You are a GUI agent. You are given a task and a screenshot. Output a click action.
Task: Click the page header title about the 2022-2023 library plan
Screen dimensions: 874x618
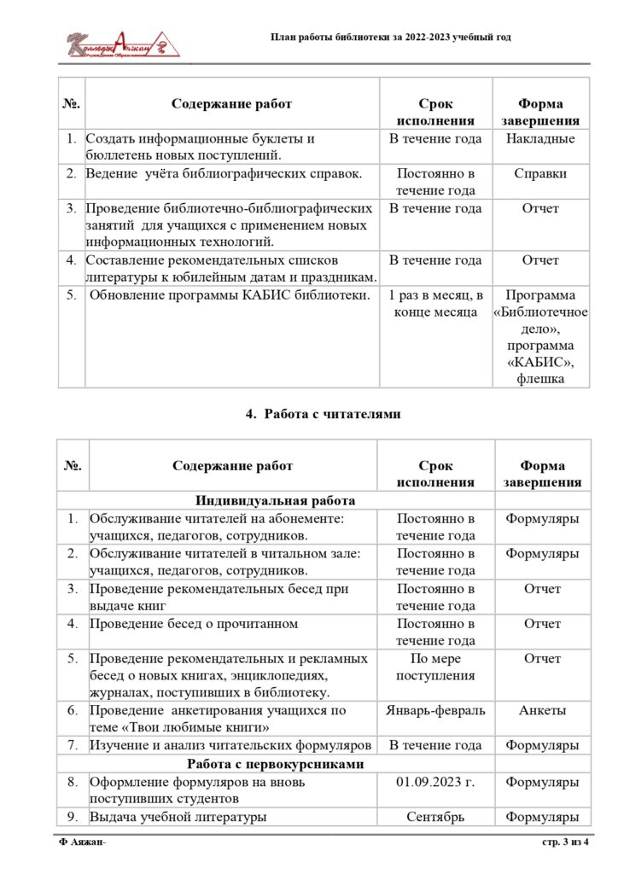click(391, 38)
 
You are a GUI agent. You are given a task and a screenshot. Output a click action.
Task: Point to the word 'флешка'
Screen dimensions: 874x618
click(540, 378)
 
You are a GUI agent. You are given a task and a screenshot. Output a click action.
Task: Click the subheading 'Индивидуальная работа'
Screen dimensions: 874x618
click(274, 501)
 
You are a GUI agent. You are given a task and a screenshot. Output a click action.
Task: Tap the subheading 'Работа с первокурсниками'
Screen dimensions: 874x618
click(276, 764)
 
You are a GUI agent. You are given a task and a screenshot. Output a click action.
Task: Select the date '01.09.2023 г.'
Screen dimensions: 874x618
click(435, 782)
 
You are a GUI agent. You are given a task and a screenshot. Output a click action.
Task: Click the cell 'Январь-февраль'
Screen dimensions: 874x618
click(435, 710)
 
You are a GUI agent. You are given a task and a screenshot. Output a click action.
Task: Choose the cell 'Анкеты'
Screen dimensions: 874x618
click(542, 710)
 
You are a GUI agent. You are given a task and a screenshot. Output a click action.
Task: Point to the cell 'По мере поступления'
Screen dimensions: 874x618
click(435, 667)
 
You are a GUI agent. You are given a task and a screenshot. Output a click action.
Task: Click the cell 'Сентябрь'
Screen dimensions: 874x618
click(435, 817)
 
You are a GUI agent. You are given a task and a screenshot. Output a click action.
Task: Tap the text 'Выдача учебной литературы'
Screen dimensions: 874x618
click(178, 817)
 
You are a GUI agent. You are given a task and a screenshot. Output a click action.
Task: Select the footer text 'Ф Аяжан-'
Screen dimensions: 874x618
click(82, 843)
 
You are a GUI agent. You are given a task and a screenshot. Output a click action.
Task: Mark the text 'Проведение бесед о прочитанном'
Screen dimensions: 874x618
click(194, 624)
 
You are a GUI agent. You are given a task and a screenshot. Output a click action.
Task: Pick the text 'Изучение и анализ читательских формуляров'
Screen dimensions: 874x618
click(230, 746)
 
